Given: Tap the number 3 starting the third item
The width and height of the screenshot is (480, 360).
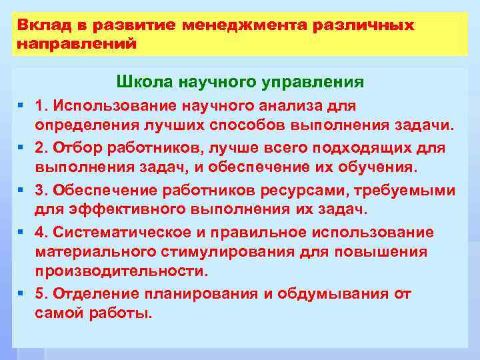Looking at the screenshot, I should [x=40, y=190].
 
